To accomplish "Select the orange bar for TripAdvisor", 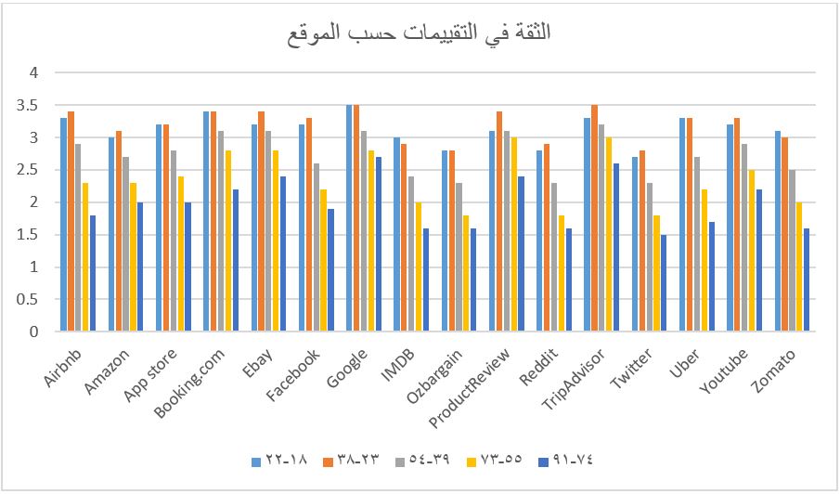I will tap(594, 218).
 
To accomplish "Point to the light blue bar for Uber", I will tap(684, 225).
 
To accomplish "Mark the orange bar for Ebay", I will tap(262, 221).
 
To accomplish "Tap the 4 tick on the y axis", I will tap(34, 72).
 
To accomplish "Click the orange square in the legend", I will tap(327, 459).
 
